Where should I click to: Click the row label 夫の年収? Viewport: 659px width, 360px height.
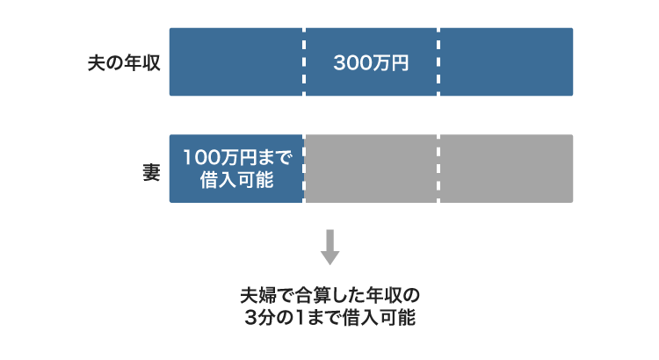point(124,63)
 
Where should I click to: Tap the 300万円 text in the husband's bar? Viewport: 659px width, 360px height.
point(371,63)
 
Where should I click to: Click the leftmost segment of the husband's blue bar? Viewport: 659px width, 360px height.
point(235,62)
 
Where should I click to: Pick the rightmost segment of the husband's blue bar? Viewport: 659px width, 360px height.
point(506,62)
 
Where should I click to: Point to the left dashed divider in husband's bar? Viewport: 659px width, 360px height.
point(304,62)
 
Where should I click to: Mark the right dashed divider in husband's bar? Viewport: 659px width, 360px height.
point(438,62)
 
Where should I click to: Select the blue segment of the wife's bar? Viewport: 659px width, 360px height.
point(235,169)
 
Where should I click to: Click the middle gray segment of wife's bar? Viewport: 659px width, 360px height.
point(371,169)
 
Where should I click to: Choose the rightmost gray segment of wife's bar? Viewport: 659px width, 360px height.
point(506,169)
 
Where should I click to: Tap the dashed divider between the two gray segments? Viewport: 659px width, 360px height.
point(438,169)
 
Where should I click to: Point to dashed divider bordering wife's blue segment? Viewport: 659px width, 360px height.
point(304,169)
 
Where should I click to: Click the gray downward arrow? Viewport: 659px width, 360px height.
point(329,247)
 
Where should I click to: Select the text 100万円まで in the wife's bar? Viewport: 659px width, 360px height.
point(235,158)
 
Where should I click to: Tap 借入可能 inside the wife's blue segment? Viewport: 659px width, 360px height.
point(235,181)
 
